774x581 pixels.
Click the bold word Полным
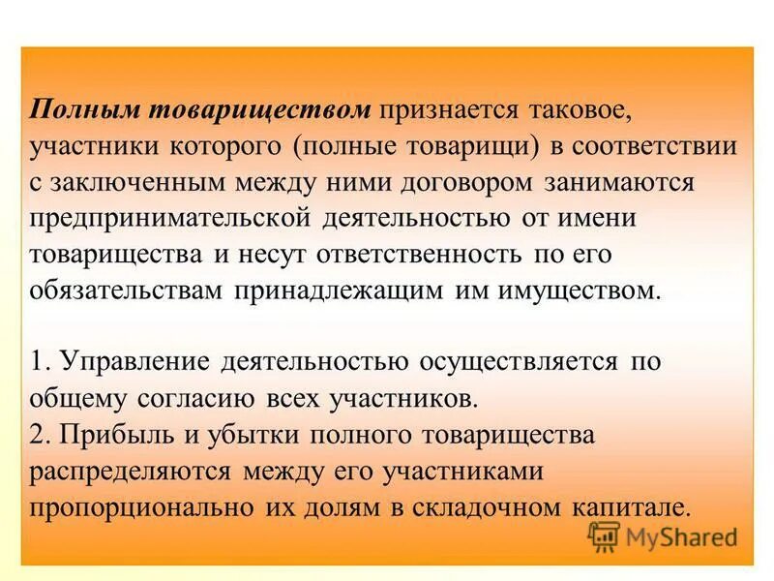click(x=83, y=109)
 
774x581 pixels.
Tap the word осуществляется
click(x=518, y=363)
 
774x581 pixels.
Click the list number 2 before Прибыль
click(x=38, y=436)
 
